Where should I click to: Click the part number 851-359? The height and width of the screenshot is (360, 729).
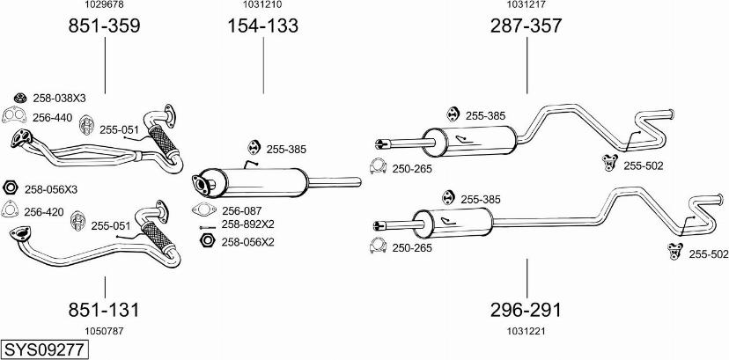pos(105,26)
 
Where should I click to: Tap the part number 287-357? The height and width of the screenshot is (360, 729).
pos(526,26)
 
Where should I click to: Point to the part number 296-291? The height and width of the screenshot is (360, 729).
pos(526,310)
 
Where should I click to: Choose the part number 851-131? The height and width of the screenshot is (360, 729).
pos(105,310)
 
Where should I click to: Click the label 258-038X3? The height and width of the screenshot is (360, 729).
pos(59,99)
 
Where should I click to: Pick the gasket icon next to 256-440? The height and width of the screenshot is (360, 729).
pos(12,117)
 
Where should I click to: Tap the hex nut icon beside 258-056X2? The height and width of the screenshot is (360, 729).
pos(207,240)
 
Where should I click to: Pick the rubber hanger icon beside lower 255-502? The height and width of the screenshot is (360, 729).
pos(674,252)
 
